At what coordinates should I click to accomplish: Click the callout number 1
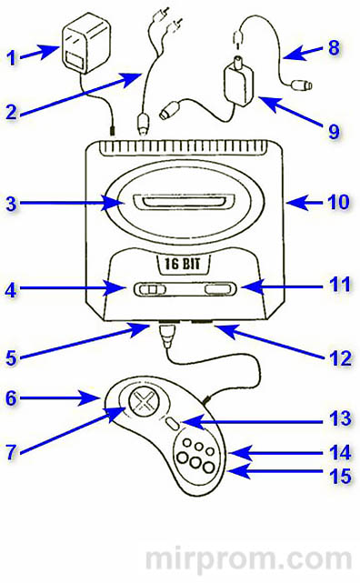coord(12,57)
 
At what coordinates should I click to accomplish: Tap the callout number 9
coord(335,131)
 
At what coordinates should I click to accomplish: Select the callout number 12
coord(340,357)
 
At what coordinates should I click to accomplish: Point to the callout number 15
coord(340,477)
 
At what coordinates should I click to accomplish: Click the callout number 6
coord(12,397)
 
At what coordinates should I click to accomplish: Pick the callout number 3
coord(12,203)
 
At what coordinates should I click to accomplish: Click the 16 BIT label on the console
coord(183,264)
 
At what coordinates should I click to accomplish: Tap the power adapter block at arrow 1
coord(86,44)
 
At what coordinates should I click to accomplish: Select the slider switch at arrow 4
coord(150,289)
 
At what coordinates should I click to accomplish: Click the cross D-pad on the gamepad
coord(145,402)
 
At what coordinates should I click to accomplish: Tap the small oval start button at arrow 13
coord(173,423)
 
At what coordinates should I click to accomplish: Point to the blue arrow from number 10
coord(305,203)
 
